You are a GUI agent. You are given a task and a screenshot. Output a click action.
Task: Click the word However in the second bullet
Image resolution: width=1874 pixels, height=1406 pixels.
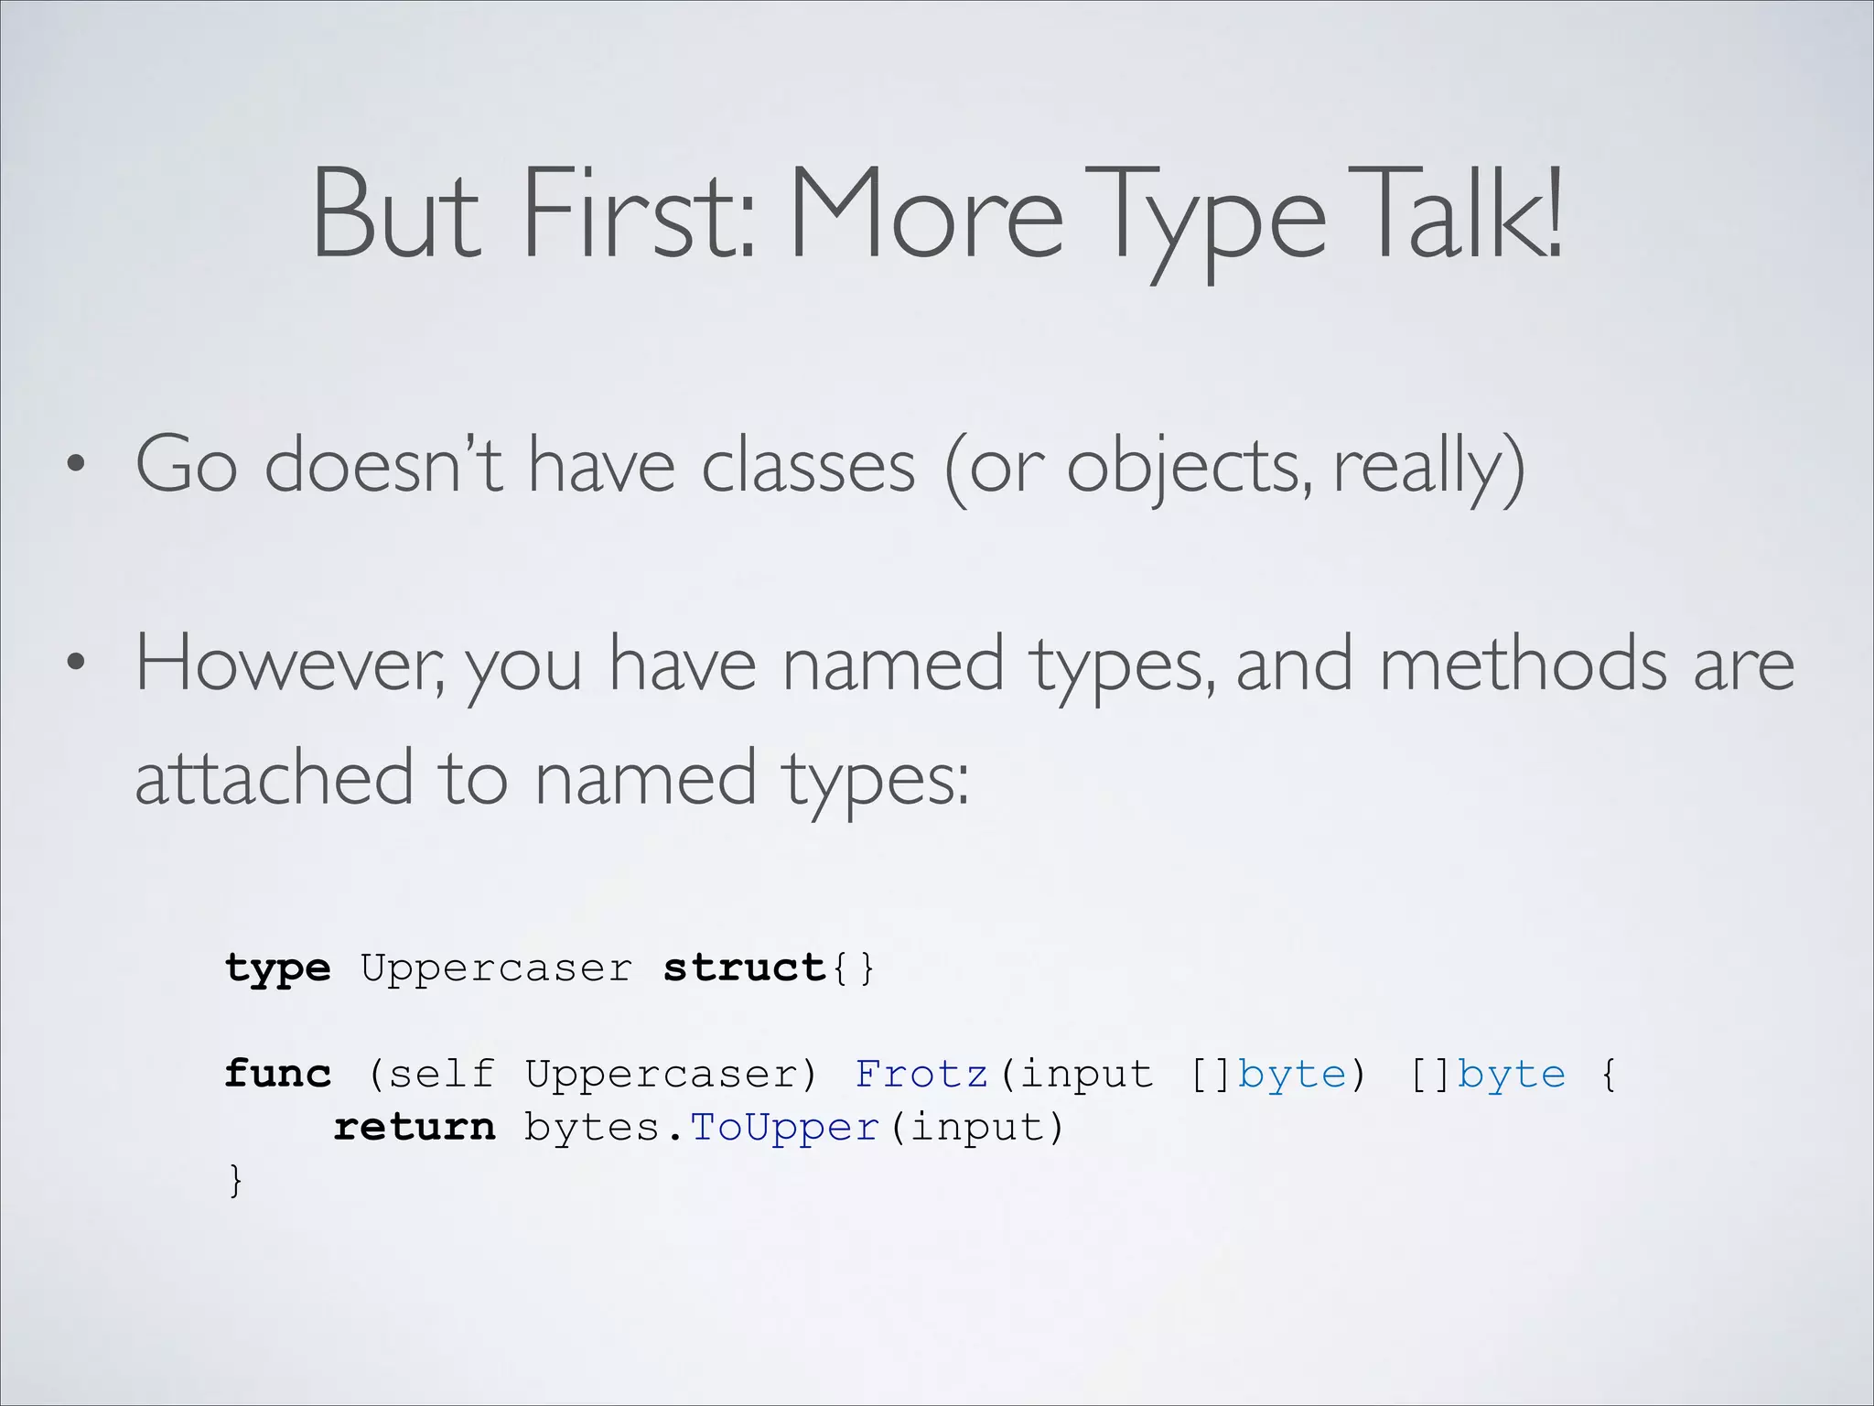[x=289, y=664]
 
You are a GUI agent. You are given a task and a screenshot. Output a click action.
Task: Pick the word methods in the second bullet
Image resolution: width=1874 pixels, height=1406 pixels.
[x=1523, y=664]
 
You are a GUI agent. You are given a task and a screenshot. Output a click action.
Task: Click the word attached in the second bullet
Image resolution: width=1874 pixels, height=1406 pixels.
[x=275, y=776]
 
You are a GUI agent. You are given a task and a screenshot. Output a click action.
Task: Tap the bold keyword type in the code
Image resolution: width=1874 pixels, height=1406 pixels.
[x=277, y=968]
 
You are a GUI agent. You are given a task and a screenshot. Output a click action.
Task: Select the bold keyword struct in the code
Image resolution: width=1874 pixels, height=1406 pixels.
[x=744, y=968]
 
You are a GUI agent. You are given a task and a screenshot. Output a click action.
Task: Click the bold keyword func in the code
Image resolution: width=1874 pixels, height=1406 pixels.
[x=277, y=1074]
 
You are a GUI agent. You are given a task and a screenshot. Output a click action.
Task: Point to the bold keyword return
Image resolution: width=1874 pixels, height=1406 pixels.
[x=414, y=1127]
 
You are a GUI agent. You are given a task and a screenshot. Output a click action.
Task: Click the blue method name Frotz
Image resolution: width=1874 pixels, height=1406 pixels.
[x=921, y=1074]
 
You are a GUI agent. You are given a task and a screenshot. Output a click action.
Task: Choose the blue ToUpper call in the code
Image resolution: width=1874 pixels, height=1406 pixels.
[x=784, y=1127]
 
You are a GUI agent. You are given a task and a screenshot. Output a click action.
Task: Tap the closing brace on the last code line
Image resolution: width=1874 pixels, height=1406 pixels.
[x=235, y=1180]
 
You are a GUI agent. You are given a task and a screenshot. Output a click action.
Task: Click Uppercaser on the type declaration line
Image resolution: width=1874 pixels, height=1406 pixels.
[x=496, y=968]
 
